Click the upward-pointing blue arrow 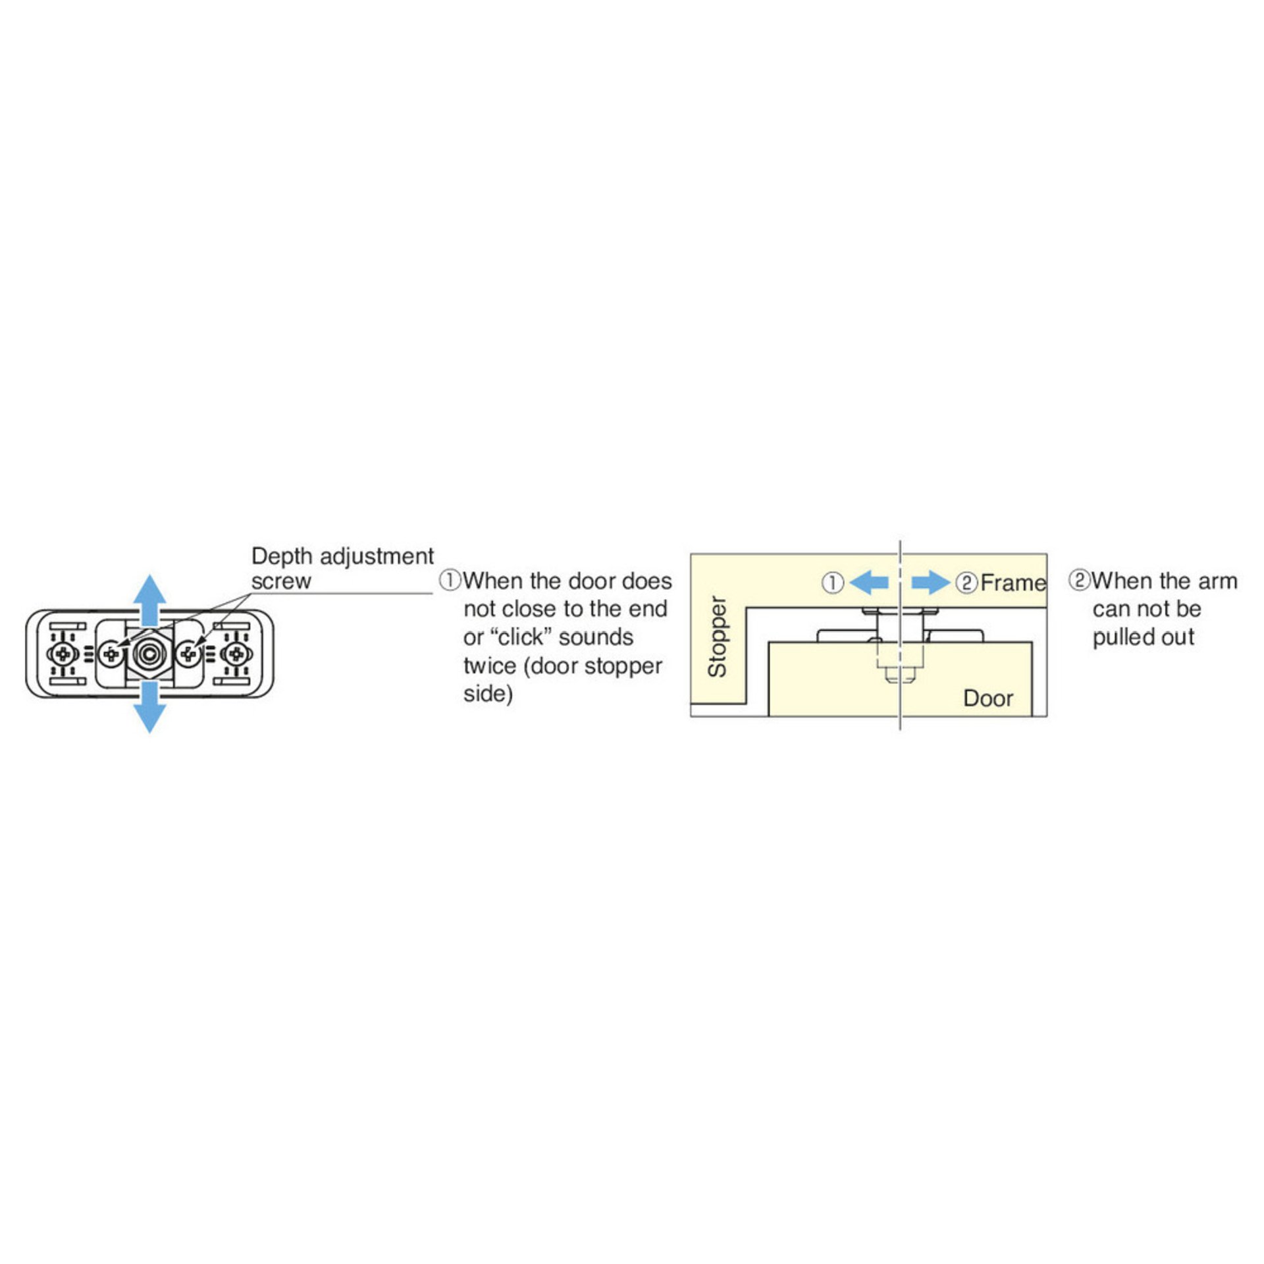click(x=150, y=600)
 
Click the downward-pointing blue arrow click(x=150, y=707)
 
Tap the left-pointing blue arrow click(x=868, y=583)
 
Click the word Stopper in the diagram click(x=717, y=637)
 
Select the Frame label click(x=1013, y=583)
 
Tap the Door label click(x=988, y=698)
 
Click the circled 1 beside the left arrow click(x=833, y=583)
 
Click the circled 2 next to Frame click(x=966, y=583)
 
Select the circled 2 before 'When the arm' click(x=1080, y=580)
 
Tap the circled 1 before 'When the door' click(x=450, y=581)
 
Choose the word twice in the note click(x=490, y=666)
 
